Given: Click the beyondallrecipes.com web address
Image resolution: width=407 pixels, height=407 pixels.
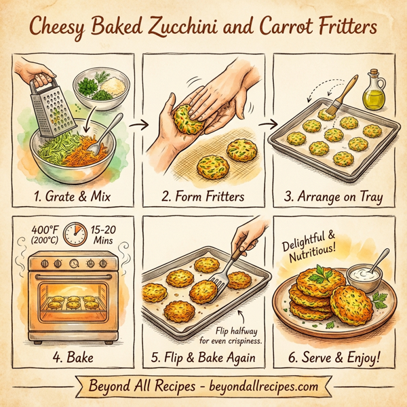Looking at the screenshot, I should point(257,386).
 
